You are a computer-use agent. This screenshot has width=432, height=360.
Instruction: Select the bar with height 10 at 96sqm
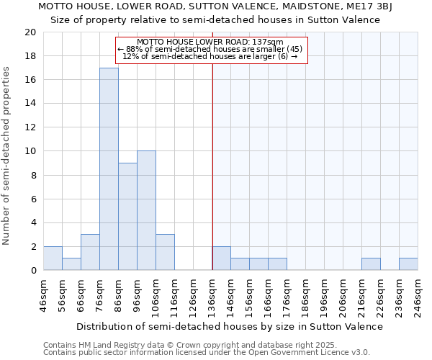pyautogui.click(x=146, y=211)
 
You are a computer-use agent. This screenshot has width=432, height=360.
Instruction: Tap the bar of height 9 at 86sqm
pyautogui.click(x=127, y=217)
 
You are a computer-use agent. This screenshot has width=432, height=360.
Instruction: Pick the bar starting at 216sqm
pyautogui.click(x=371, y=264)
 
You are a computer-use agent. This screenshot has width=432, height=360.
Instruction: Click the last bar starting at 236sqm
pyautogui.click(x=408, y=264)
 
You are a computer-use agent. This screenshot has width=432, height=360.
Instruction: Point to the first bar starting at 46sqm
pyautogui.click(x=53, y=258)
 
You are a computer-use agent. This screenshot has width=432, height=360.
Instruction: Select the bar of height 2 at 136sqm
pyautogui.click(x=221, y=258)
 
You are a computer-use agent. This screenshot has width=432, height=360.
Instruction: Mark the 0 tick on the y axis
pyautogui.click(x=33, y=270)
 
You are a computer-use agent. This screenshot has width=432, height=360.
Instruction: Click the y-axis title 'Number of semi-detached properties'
pyautogui.click(x=7, y=156)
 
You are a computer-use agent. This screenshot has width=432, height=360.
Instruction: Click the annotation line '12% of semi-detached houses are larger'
pyautogui.click(x=210, y=56)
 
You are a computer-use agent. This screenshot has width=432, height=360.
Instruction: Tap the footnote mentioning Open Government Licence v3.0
pyautogui.click(x=207, y=352)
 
